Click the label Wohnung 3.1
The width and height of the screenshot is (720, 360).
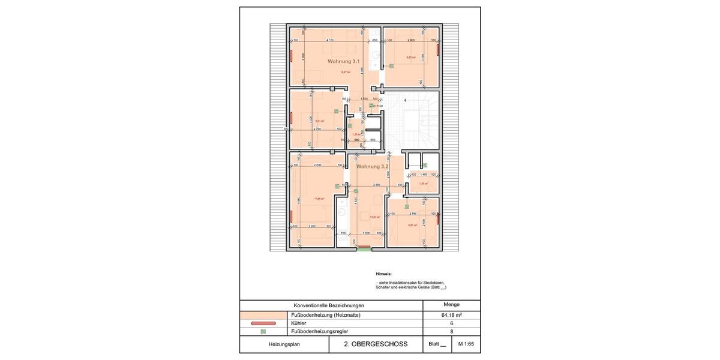click(x=344, y=62)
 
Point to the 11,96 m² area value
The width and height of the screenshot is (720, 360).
click(x=319, y=199)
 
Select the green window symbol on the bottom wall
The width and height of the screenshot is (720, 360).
click(x=364, y=249)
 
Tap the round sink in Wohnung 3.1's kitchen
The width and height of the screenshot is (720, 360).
click(x=375, y=56)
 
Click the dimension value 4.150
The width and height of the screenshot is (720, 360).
click(x=330, y=40)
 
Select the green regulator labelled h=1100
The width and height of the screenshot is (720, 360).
click(x=371, y=106)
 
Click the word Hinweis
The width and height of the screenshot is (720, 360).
click(x=383, y=274)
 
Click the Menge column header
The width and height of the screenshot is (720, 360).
click(x=451, y=305)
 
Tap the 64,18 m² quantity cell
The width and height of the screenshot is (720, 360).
click(x=451, y=315)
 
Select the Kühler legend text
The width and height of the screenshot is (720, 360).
click(x=298, y=323)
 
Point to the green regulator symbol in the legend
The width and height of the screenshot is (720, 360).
click(x=263, y=331)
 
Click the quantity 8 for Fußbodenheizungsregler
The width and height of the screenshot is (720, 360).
click(x=451, y=331)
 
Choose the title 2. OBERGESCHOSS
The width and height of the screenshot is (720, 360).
click(x=376, y=344)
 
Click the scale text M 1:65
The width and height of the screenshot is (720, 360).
click(x=466, y=344)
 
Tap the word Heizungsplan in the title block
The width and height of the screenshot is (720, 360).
click(x=284, y=344)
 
